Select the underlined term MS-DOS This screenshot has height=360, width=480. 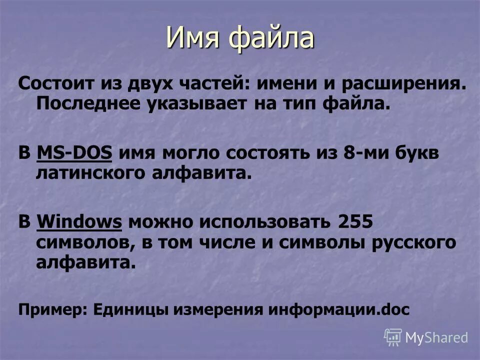[74, 153]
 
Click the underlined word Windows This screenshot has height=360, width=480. [79, 222]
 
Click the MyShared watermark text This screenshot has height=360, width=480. [436, 337]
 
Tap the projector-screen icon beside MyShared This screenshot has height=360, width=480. [393, 337]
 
